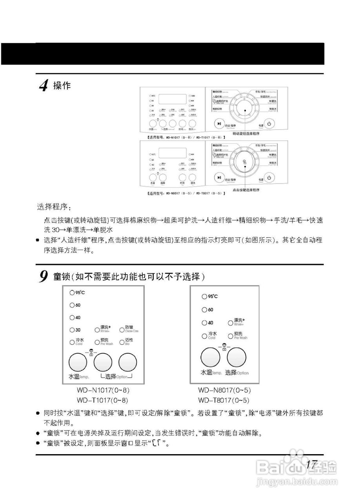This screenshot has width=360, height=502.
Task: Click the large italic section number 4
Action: coord(44,85)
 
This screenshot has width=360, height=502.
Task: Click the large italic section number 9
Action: coord(44,276)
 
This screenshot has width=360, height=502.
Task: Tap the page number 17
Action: coord(311,464)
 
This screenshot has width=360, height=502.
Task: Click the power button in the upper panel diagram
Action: coord(269,124)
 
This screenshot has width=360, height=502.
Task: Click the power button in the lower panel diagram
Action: coord(269,178)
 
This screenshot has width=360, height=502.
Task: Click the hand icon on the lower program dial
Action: coord(244,162)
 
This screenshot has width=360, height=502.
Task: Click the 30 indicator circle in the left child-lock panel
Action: coord(72,330)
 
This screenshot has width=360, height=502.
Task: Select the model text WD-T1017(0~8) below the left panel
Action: coord(103,400)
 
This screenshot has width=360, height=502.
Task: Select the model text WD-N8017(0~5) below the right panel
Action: coord(224,391)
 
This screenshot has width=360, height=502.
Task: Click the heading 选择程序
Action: coord(54,207)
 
